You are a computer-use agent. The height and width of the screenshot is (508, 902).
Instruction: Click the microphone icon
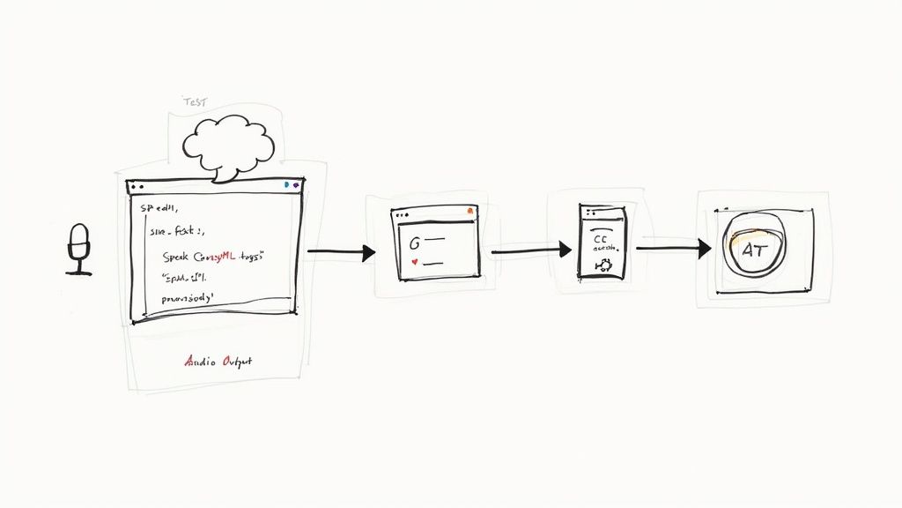click(79, 248)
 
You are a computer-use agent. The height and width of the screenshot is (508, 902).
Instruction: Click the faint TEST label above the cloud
click(194, 102)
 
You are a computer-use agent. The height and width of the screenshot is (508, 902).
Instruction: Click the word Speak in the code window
click(179, 256)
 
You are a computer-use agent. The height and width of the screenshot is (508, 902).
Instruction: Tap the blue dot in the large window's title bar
click(287, 186)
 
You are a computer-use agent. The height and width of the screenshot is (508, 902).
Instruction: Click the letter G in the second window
click(415, 241)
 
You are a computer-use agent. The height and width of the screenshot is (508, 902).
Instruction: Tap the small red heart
click(415, 262)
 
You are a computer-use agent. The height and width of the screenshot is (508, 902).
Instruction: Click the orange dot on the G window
click(470, 212)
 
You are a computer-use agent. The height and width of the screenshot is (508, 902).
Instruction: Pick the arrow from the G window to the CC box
click(529, 251)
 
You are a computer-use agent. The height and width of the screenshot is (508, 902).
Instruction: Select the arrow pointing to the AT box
click(673, 249)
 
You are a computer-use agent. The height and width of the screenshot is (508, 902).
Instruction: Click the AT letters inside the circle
click(755, 250)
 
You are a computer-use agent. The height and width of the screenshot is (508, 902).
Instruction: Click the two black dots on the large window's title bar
click(136, 187)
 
